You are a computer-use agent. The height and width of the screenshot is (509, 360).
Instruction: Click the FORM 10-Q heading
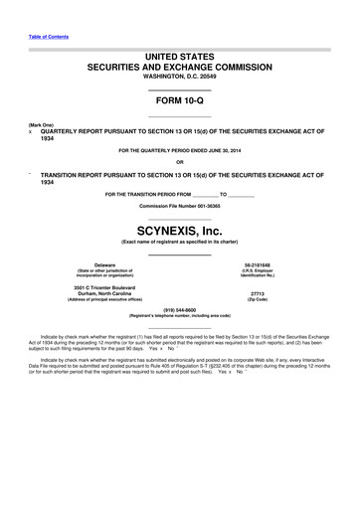[179, 101]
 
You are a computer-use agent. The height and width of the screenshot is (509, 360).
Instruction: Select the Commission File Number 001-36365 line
[179, 204]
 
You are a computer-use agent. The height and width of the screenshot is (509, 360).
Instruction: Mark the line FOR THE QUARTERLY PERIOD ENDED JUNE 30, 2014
[179, 150]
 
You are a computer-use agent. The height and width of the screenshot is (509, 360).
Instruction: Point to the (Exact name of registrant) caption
[179, 243]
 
